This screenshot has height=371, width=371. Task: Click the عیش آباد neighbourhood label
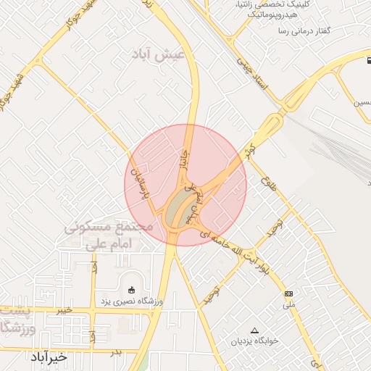pyautogui.click(x=158, y=54)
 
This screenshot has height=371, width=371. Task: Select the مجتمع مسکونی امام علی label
pyautogui.click(x=109, y=235)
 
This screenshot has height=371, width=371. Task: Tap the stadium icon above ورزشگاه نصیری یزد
pyautogui.click(x=131, y=290)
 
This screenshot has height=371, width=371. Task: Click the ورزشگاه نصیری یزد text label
pyautogui.click(x=131, y=301)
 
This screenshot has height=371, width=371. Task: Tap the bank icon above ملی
pyautogui.click(x=289, y=293)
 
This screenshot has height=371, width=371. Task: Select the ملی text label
pyautogui.click(x=289, y=305)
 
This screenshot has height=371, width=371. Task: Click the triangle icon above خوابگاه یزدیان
pyautogui.click(x=254, y=330)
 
